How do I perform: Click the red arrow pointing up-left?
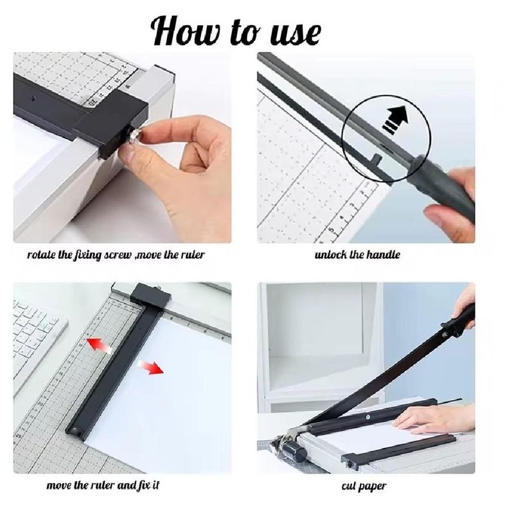pyautogui.click(x=98, y=346)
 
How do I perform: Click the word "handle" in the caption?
pyautogui.click(x=382, y=254)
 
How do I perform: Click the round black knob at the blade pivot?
pyautogui.click(x=294, y=450)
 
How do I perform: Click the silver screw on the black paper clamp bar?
pyautogui.click(x=368, y=417)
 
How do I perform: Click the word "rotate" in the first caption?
pyautogui.click(x=41, y=254)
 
